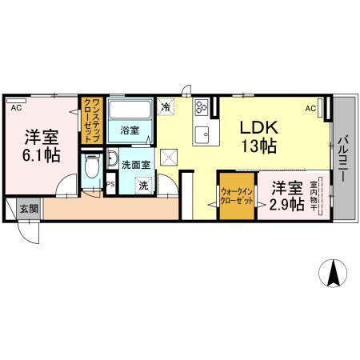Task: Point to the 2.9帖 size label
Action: [286, 205]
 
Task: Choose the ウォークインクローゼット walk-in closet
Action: [238, 197]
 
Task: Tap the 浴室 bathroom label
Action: [130, 129]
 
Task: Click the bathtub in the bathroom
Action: [131, 110]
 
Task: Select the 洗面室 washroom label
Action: [134, 164]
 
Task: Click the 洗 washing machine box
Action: [144, 186]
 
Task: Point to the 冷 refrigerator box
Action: [166, 105]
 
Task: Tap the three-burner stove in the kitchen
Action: [200, 105]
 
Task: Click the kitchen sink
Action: [202, 133]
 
